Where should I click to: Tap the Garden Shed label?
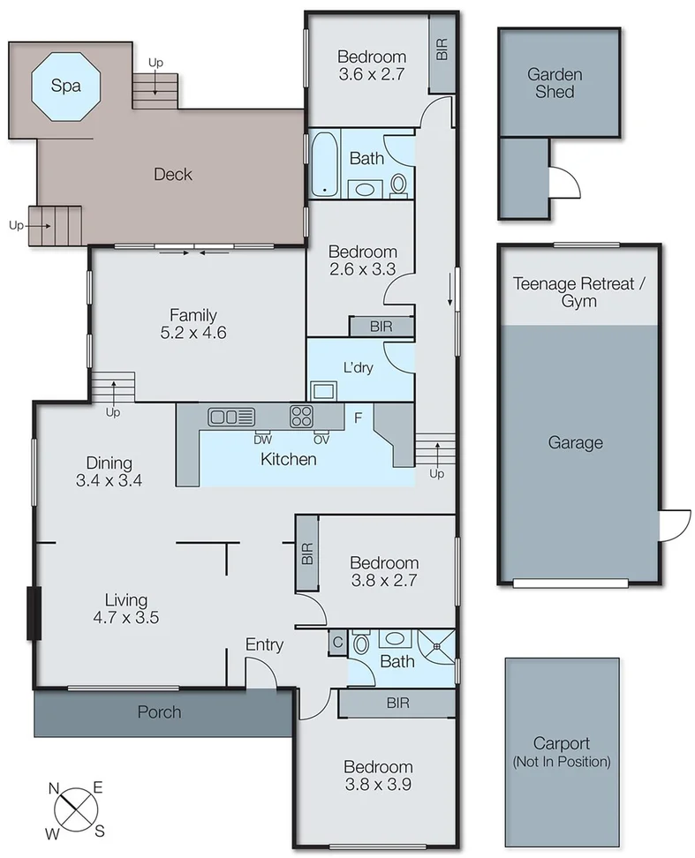click(555, 83)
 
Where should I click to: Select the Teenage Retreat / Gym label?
click(578, 292)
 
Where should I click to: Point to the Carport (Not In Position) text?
click(561, 752)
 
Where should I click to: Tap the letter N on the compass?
click(54, 788)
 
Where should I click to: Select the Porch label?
click(161, 711)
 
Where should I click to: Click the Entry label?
click(264, 645)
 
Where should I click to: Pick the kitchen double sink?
click(231, 416)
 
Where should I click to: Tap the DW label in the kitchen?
click(262, 439)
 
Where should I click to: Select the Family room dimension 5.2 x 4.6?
click(193, 334)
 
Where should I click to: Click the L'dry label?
click(359, 367)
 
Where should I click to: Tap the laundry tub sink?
click(321, 389)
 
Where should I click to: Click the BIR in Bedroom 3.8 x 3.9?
click(397, 703)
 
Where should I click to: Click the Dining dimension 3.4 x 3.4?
click(110, 481)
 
